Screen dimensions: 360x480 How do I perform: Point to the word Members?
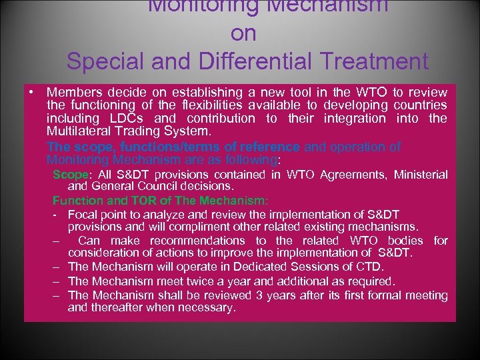pos(71,92)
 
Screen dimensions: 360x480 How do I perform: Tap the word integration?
pos(355,119)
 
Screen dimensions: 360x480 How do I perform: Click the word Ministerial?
pos(421,175)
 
